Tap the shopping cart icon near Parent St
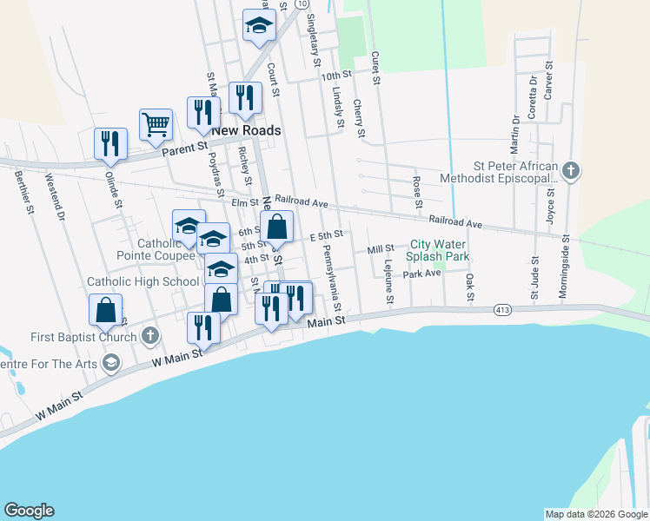[156, 123]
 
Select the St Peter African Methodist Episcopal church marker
[570, 170]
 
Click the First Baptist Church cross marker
[149, 335]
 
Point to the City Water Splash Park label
[440, 252]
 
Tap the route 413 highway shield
[501, 309]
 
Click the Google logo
[29, 511]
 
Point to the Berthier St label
[23, 191]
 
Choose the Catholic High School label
[143, 281]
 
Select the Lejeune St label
[389, 282]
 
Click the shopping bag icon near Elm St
[276, 228]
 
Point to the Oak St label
[469, 287]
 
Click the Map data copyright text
[596, 514]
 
